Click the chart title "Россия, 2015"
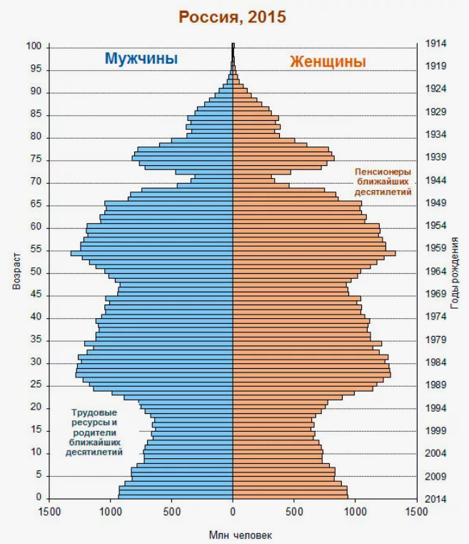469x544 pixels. pos(232,17)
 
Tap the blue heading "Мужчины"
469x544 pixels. pos(141,59)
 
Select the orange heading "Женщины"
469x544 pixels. pos(328,61)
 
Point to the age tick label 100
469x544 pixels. pos(34,46)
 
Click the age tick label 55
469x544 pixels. pos(36,249)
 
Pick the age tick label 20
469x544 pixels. pos(36,407)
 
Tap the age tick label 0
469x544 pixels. pos(39,497)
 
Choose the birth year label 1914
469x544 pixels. pos(435,44)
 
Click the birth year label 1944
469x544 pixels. pos(435,180)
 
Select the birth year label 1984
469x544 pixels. pos(435,362)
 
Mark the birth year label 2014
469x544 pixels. pos(435,499)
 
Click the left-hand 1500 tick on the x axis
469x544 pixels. pos(49,512)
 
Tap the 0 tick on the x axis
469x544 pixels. pos(233,512)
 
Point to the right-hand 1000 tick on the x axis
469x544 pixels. pos(355,512)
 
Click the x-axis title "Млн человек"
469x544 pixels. pos(241,535)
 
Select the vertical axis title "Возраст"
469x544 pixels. pos(16,272)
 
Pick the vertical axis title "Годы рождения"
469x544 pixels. pos(455,273)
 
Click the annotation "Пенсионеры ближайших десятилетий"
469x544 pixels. pos(383,182)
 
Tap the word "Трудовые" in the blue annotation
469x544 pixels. pos(94,412)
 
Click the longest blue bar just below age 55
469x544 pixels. pos(152,254)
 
